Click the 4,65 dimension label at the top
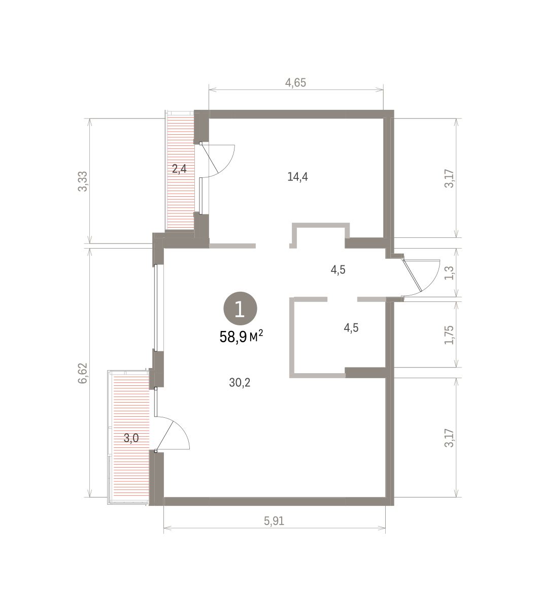click(x=295, y=82)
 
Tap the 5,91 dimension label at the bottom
click(x=274, y=521)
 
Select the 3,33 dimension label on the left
click(x=82, y=181)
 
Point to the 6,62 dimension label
click(x=82, y=373)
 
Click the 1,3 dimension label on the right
click(x=449, y=273)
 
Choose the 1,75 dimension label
click(x=449, y=335)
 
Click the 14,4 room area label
click(x=297, y=176)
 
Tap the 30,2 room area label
click(x=240, y=382)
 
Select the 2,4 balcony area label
click(x=179, y=169)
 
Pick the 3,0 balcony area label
click(x=131, y=438)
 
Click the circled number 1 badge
click(x=240, y=309)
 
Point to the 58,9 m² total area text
click(x=241, y=337)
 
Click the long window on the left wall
click(x=155, y=308)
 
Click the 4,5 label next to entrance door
click(x=338, y=270)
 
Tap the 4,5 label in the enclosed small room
click(x=351, y=327)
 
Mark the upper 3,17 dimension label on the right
click(x=449, y=178)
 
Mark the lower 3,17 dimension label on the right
click(x=449, y=438)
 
